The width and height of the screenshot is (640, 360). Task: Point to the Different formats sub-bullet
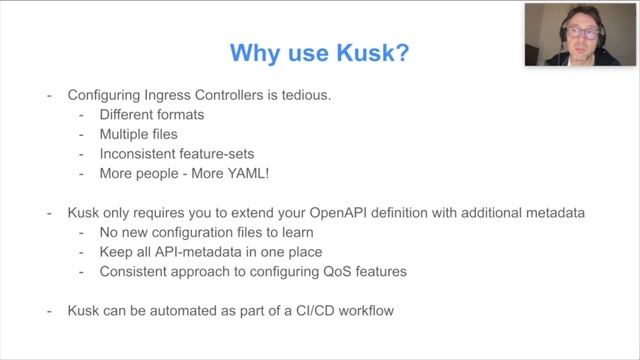152,115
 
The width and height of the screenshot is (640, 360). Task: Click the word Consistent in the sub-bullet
136,271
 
